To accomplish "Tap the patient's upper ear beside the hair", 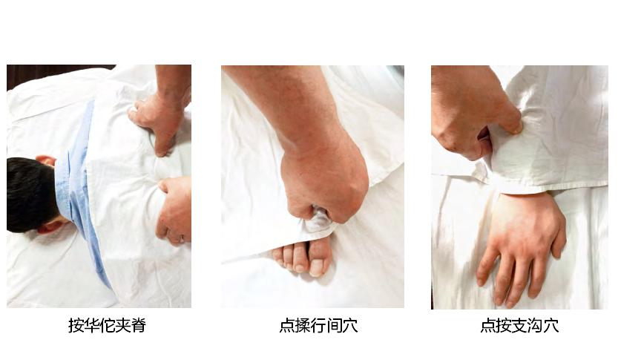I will point(46,160).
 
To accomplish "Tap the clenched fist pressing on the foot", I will point(323,182).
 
